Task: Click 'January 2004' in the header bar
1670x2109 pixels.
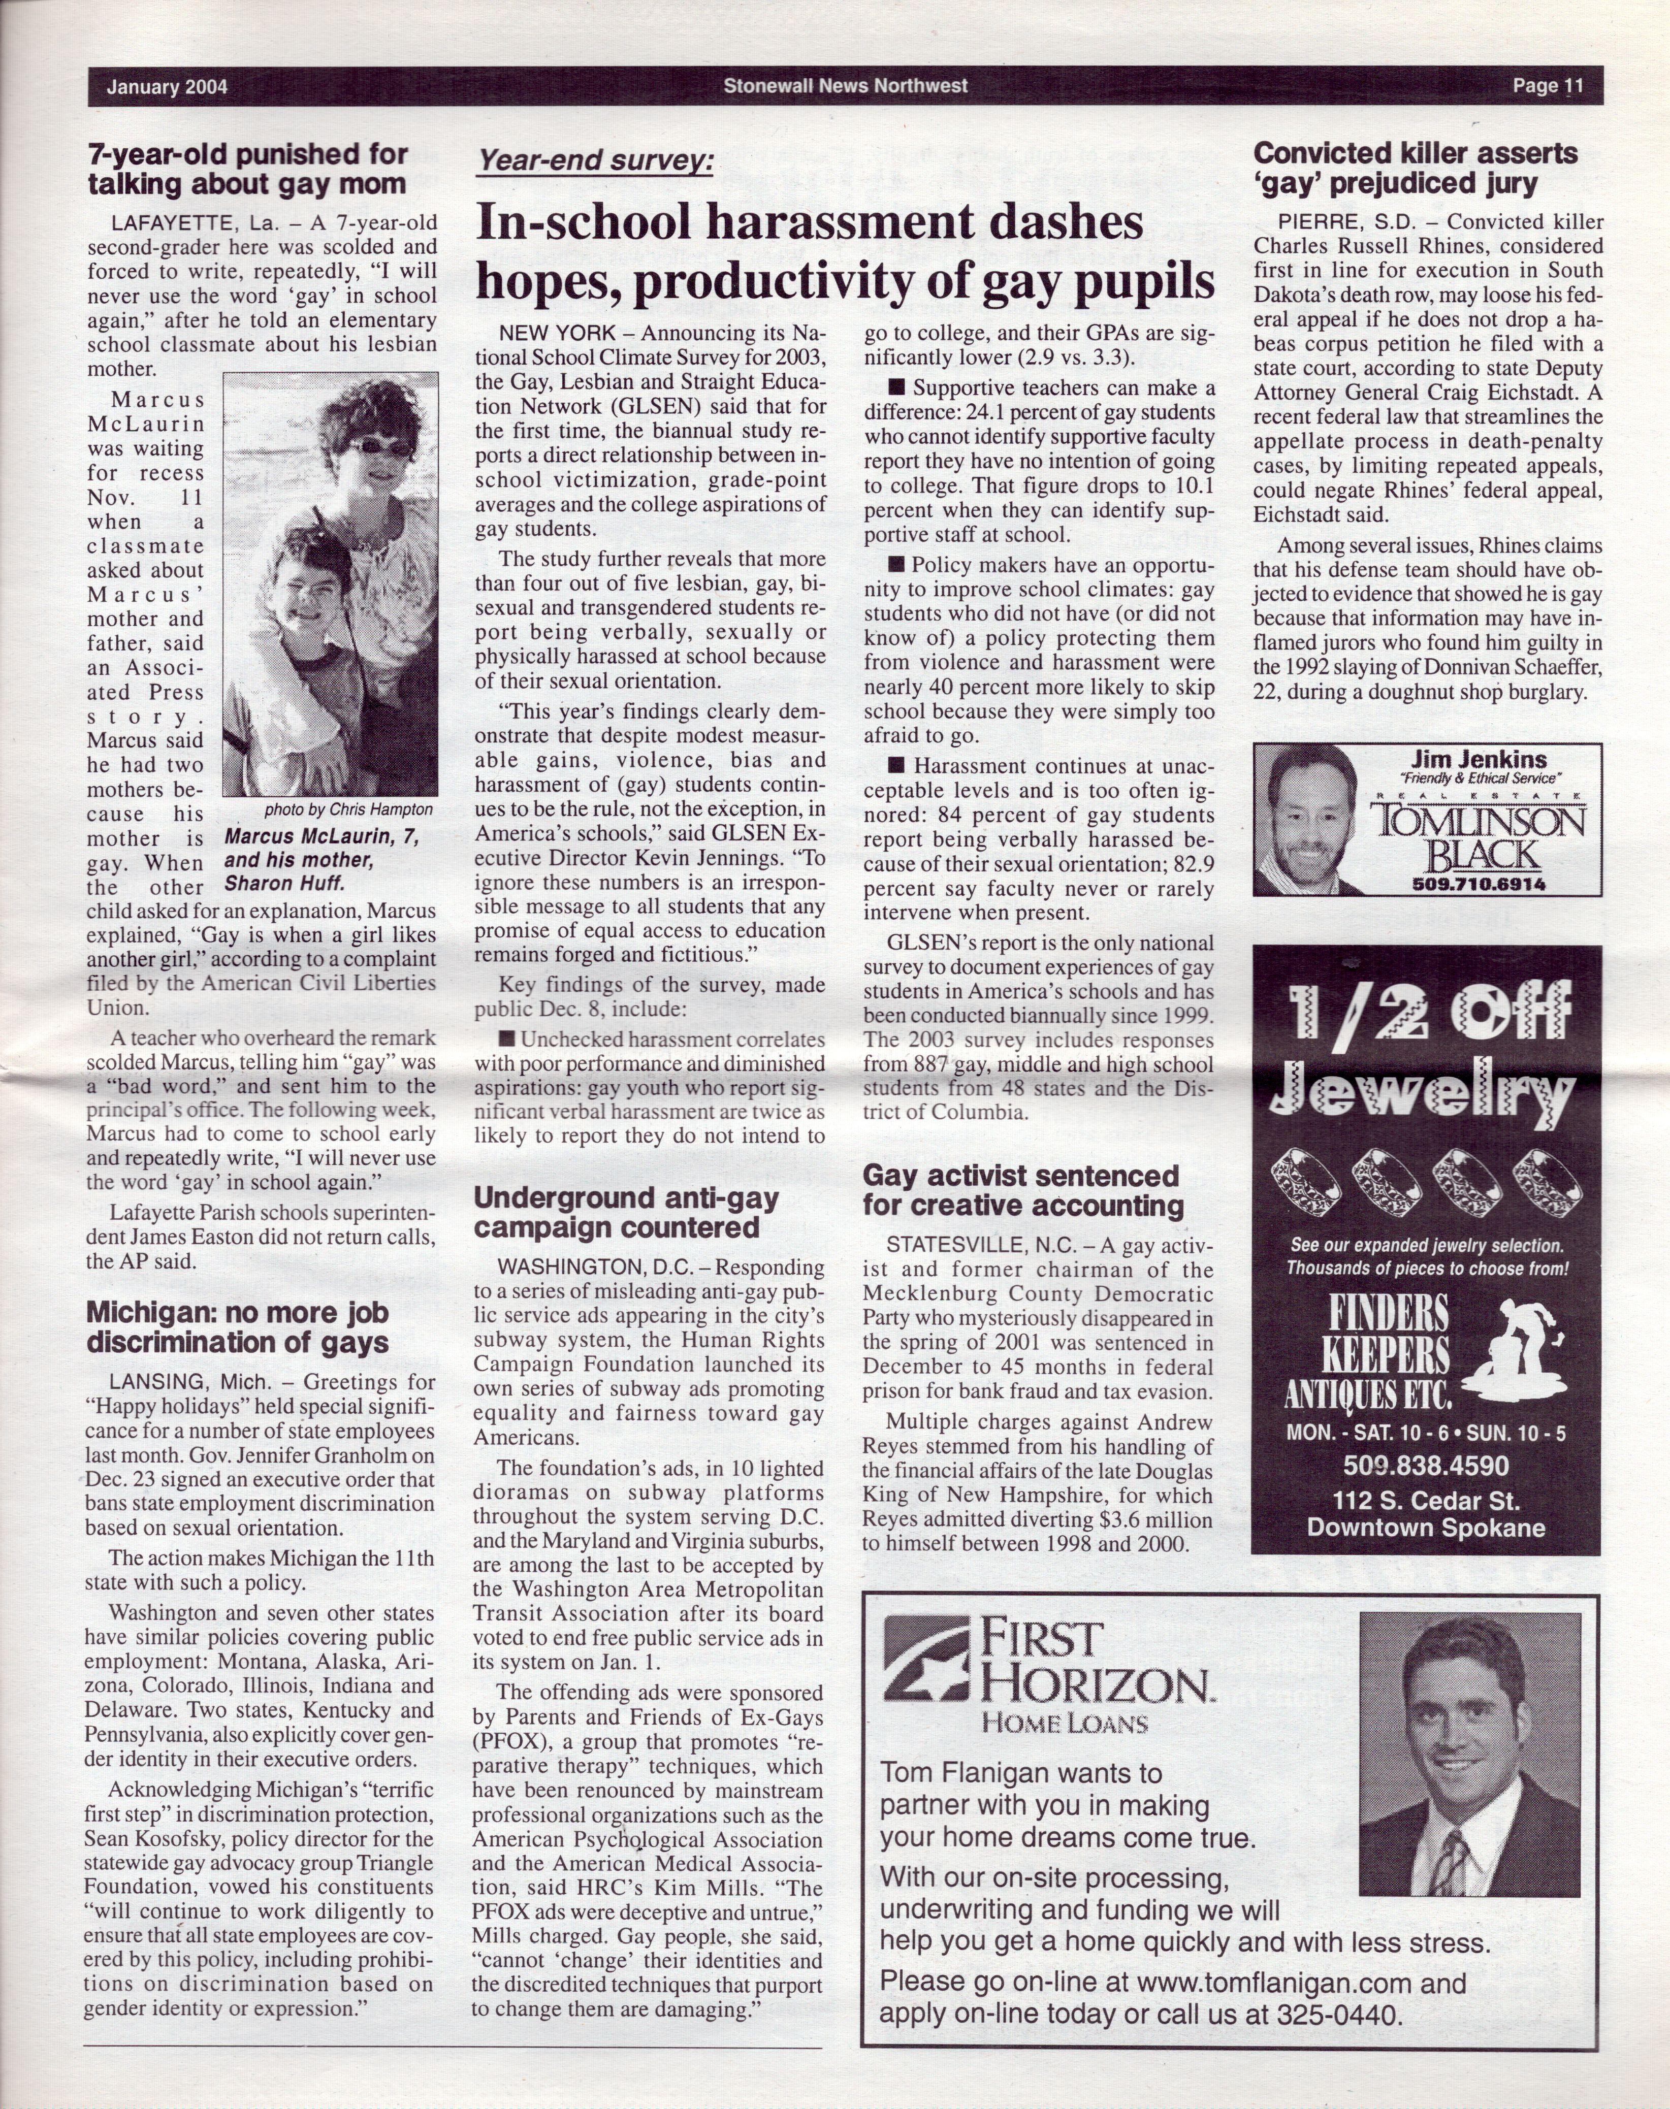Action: click(x=167, y=87)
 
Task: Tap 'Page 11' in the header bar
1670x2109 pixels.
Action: click(x=1547, y=86)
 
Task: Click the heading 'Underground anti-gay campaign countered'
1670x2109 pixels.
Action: click(x=626, y=1212)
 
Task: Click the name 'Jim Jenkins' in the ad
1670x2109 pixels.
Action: click(x=1479, y=760)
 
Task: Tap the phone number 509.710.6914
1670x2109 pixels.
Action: click(x=1479, y=884)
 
